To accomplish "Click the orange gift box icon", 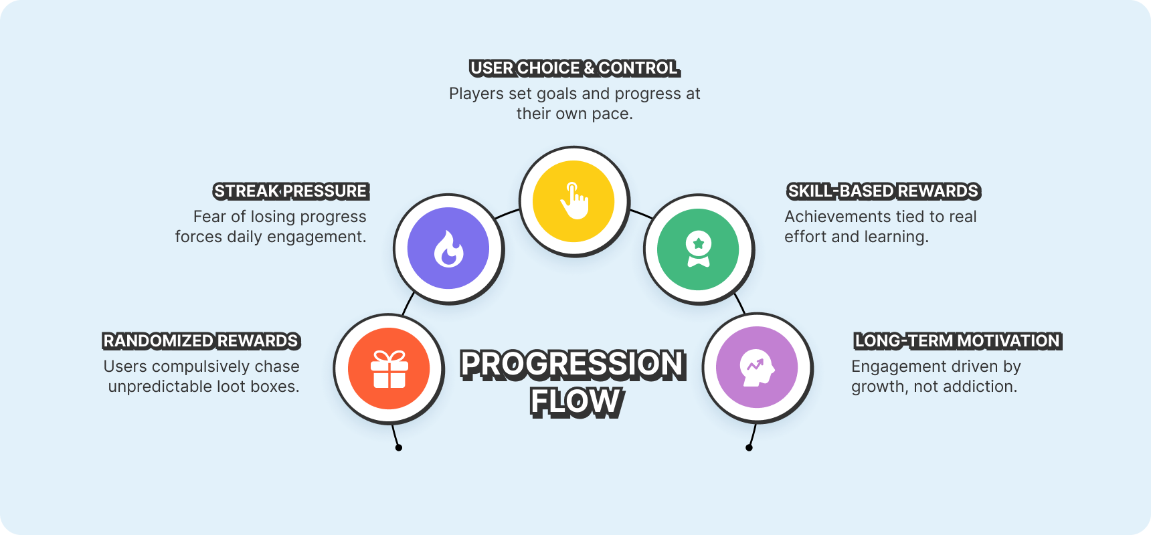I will coord(389,369).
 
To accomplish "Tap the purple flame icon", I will coord(448,249).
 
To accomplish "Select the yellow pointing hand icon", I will coord(574,201).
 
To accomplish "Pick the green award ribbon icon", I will coord(698,249).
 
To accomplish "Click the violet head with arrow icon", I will coord(757,367).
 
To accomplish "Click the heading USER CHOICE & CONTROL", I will coord(574,68).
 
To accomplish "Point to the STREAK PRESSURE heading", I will coord(290,191).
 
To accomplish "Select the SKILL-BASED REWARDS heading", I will coord(883,191).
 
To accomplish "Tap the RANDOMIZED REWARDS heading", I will coord(201,341).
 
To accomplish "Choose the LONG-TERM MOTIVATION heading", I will coord(957,341).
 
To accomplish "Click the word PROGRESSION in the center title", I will coord(573,365).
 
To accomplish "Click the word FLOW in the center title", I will coord(575,402).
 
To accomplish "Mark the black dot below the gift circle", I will coord(399,447).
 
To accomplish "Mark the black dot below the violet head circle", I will coord(749,447).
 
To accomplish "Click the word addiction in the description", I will coord(984,387).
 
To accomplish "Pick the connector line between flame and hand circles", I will coord(507,213).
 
